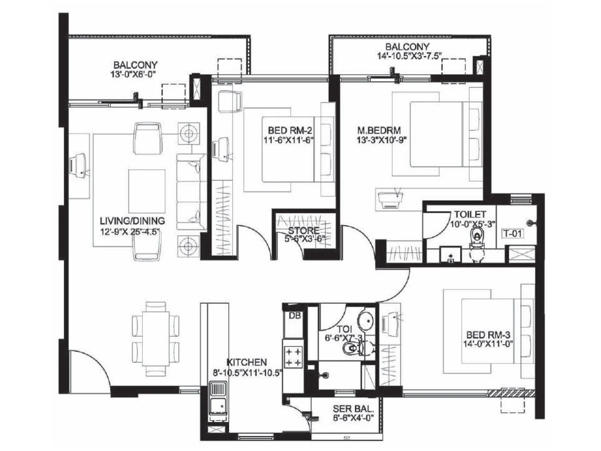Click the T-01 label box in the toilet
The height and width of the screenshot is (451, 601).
coord(513,233)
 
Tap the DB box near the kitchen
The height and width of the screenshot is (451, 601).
coord(295,316)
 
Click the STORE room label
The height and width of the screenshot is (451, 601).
coord(304,230)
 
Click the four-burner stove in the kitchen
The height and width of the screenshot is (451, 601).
coord(293,357)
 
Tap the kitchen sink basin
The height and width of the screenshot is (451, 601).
coord(218,406)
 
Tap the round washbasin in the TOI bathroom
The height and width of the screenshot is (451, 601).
coord(365,321)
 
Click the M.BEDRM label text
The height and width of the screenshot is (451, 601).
coord(379,131)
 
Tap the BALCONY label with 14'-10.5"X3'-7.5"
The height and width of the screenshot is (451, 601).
coord(408,47)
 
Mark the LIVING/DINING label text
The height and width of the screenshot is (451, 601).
coord(132,221)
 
